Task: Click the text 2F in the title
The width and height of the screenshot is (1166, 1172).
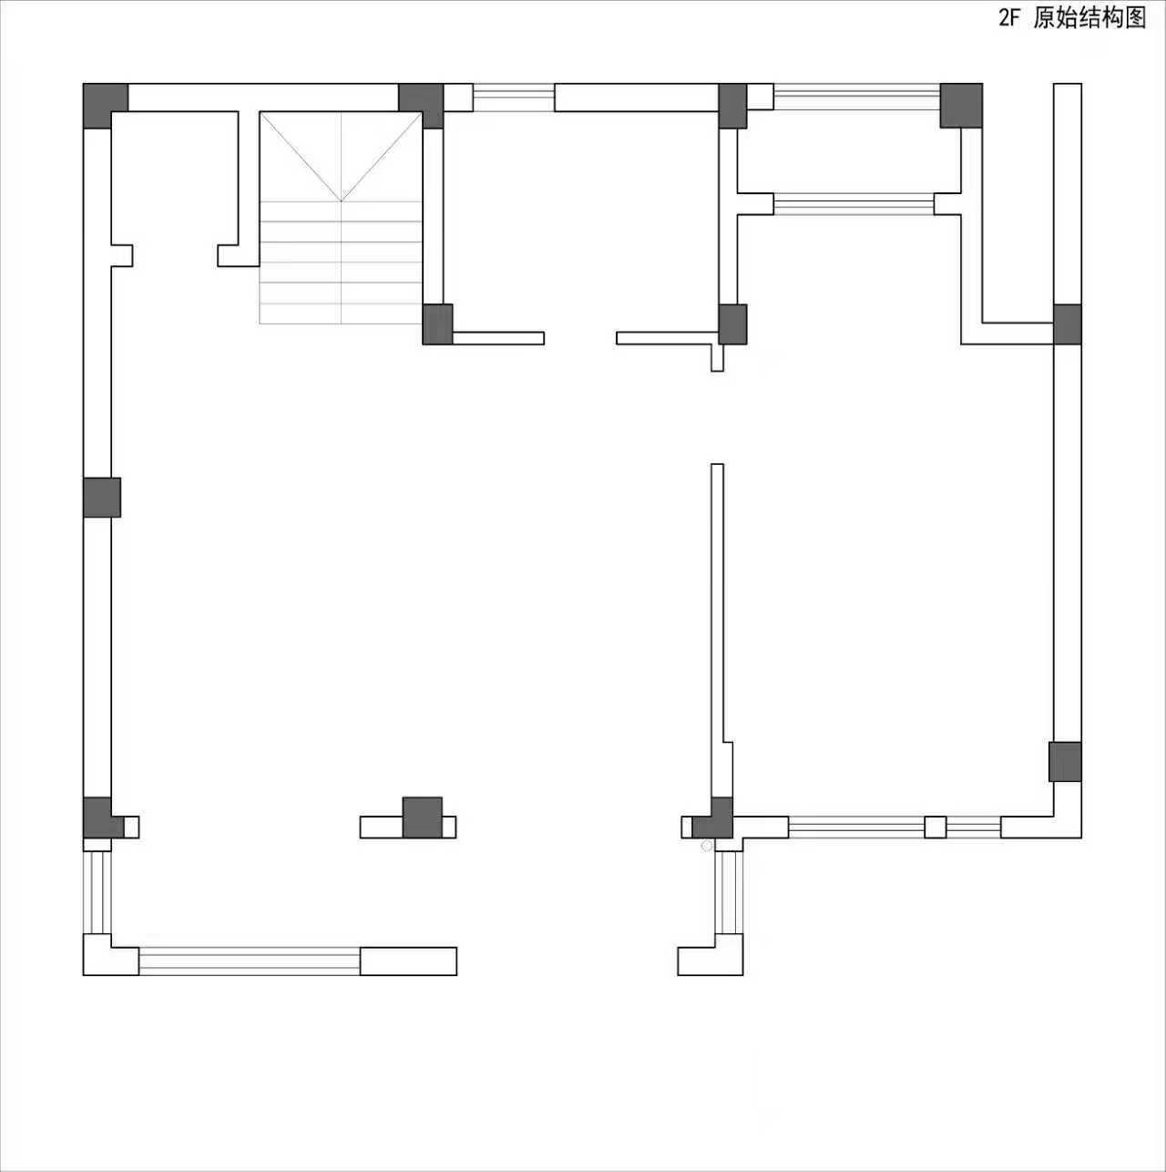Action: (x=1008, y=19)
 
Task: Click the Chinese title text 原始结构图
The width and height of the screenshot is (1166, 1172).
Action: (x=1089, y=18)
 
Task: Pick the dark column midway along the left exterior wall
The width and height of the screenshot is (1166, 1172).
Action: (x=102, y=498)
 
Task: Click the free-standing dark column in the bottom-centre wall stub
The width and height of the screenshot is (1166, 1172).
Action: (x=423, y=817)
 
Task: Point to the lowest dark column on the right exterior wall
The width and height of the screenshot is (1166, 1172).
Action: (x=1065, y=762)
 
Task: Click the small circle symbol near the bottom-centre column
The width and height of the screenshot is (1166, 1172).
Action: (x=706, y=846)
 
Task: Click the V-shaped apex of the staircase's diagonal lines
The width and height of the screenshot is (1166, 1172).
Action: (x=341, y=200)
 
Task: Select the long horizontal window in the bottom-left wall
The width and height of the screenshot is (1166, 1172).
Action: (x=250, y=961)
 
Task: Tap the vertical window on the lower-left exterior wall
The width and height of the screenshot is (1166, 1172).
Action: (x=97, y=893)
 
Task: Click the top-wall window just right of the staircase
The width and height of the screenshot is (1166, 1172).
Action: (x=514, y=98)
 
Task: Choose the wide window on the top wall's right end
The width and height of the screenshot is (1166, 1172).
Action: (x=857, y=98)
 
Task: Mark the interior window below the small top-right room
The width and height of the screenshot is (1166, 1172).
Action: (x=854, y=204)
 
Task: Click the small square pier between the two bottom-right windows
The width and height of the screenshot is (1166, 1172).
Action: (x=936, y=828)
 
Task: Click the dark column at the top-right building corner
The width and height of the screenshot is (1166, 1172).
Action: (x=961, y=106)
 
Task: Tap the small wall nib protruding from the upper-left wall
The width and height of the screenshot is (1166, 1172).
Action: (x=121, y=255)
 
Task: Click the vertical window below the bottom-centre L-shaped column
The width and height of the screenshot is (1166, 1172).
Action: (x=729, y=893)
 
